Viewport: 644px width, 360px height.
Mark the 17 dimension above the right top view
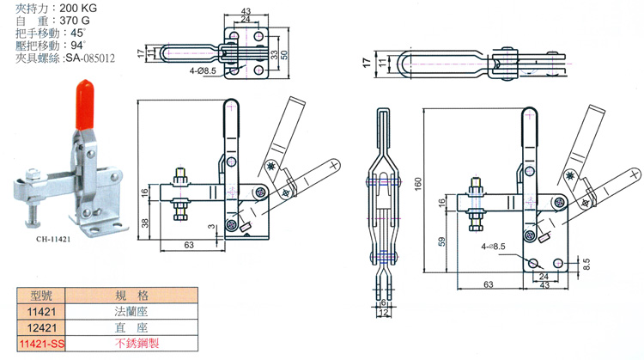367,63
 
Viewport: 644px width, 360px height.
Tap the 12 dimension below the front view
382,313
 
